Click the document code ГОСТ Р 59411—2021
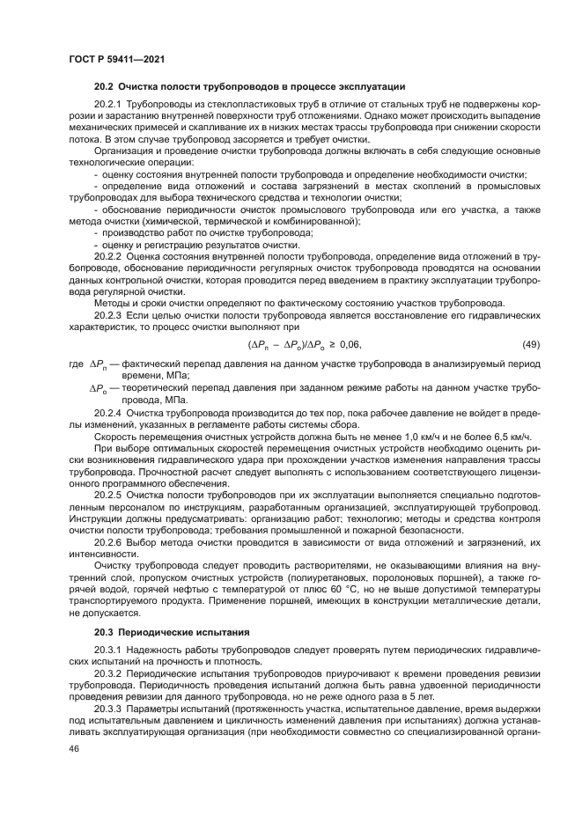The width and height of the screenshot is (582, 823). click(117, 59)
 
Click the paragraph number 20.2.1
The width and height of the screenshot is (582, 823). click(107, 105)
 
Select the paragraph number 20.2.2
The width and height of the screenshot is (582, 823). click(107, 254)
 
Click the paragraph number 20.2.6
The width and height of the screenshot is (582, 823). click(107, 543)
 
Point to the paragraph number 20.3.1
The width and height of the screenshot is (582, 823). click(107, 649)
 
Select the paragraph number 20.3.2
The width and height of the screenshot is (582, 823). click(107, 672)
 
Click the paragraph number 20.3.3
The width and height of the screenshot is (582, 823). click(107, 708)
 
